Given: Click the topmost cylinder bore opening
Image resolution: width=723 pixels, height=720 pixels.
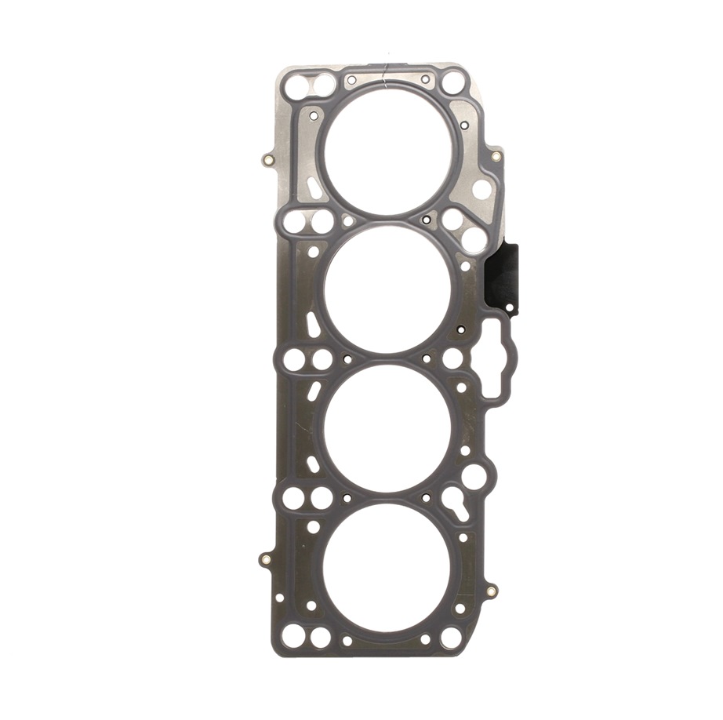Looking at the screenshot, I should pyautogui.click(x=389, y=148).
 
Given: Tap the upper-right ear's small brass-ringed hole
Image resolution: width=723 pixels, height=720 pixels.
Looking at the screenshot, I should pyautogui.click(x=496, y=156).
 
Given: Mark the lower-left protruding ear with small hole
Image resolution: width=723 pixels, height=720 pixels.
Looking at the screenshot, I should pyautogui.click(x=265, y=560).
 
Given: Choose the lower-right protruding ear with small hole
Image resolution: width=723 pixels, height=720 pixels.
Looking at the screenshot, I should pyautogui.click(x=491, y=591).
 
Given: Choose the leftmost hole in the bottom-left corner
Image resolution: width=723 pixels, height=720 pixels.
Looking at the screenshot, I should pyautogui.click(x=292, y=636).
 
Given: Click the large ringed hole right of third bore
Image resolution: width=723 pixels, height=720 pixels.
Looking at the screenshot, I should pyautogui.click(x=474, y=475).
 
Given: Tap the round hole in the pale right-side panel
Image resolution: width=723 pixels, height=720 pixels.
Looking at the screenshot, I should pyautogui.click(x=481, y=189).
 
